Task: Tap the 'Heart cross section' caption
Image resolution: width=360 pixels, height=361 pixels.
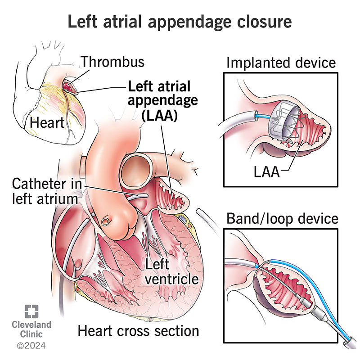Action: (x=139, y=331)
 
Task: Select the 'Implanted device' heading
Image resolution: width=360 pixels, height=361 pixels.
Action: (x=281, y=62)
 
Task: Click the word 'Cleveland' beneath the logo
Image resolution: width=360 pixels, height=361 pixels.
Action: (x=31, y=325)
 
